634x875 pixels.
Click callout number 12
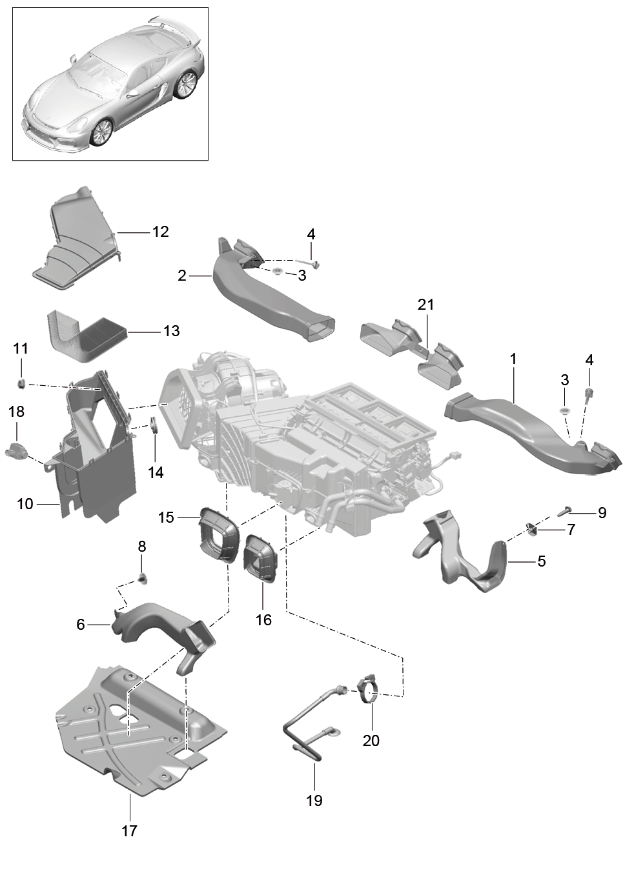160,232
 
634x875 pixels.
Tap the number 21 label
425,305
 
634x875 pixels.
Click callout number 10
25,504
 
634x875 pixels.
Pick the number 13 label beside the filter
171,331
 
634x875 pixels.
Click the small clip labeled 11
22,383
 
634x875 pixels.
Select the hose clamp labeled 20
369,694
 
